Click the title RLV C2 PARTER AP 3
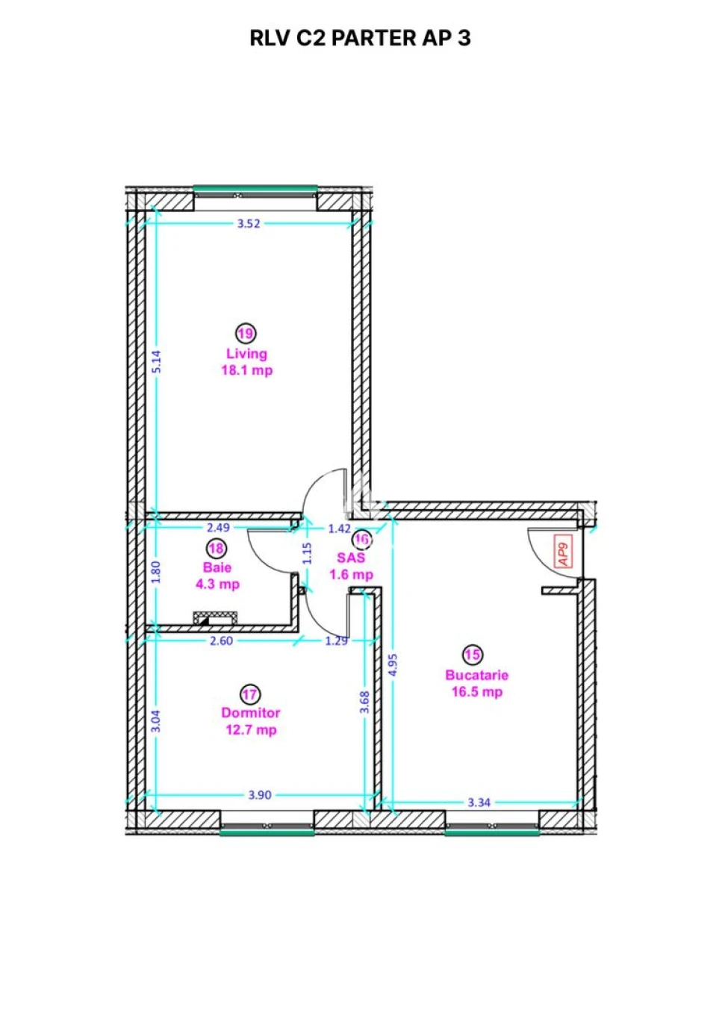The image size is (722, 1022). click(360, 38)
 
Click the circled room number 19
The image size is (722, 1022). click(246, 334)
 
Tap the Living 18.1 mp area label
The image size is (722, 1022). click(247, 362)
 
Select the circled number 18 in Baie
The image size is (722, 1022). click(217, 548)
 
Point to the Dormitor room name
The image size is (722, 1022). click(251, 713)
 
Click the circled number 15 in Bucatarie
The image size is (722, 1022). click(473, 655)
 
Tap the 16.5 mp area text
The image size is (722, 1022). click(477, 692)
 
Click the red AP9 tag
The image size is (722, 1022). click(563, 552)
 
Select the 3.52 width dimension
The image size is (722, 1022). click(249, 223)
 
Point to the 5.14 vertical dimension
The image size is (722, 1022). click(156, 362)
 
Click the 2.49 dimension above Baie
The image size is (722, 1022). click(218, 528)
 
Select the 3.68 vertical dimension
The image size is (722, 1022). click(364, 702)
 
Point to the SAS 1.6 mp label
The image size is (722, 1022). click(352, 566)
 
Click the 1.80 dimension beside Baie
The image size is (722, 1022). click(155, 573)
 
